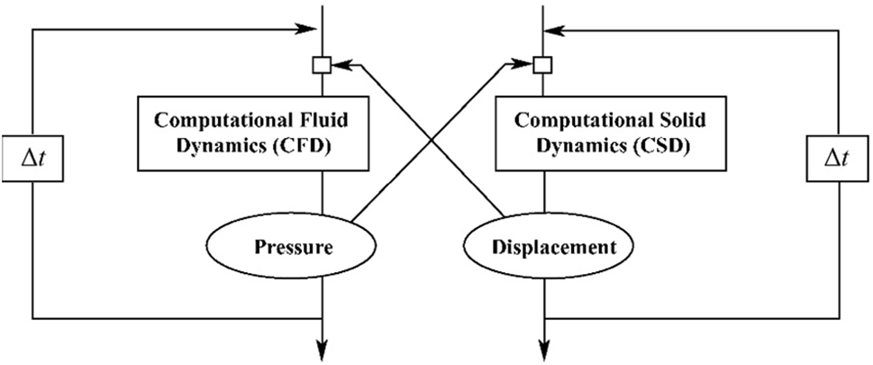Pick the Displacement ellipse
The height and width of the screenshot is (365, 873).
pos(541,245)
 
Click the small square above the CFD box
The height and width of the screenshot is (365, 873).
pos(322,64)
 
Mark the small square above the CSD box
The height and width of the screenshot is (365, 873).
pos(541,64)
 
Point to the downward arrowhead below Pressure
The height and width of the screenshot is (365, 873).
pos(322,345)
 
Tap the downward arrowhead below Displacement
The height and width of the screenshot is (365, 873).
pos(542,345)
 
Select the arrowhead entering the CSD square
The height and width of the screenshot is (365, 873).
pos(524,64)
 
